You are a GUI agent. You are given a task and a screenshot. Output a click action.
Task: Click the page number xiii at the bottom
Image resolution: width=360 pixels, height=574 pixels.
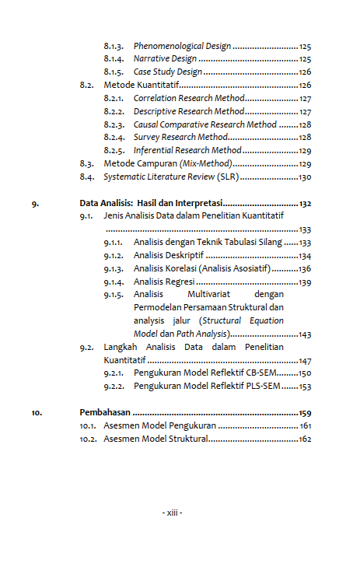pyautogui.click(x=172, y=513)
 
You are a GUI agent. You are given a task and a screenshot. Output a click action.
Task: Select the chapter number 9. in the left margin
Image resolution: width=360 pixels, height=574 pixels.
pyautogui.click(x=36, y=204)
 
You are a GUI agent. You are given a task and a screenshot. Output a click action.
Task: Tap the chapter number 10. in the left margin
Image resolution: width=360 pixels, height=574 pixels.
pyautogui.click(x=37, y=413)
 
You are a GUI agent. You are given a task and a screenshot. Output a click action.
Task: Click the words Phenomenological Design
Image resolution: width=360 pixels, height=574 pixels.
pyautogui.click(x=181, y=46)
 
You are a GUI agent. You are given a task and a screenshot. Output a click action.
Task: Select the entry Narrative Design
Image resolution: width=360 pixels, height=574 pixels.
pyautogui.click(x=165, y=59)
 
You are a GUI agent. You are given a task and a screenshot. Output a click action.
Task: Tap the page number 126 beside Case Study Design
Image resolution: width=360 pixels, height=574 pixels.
pyautogui.click(x=305, y=72)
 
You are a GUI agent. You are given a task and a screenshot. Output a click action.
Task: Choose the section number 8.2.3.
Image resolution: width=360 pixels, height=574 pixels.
pyautogui.click(x=114, y=124)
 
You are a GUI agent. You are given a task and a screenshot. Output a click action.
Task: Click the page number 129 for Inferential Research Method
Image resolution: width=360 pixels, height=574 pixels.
pyautogui.click(x=305, y=151)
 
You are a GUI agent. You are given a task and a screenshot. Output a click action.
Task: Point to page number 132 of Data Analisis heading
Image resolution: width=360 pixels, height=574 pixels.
pyautogui.click(x=305, y=204)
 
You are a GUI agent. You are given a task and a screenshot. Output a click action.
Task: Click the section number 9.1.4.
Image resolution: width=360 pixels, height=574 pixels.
pyautogui.click(x=114, y=282)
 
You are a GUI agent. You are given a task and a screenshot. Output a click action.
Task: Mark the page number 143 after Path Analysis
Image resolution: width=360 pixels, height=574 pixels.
pyautogui.click(x=305, y=334)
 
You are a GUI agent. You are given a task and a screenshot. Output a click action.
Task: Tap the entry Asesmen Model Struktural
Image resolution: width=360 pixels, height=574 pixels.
pyautogui.click(x=156, y=439)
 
